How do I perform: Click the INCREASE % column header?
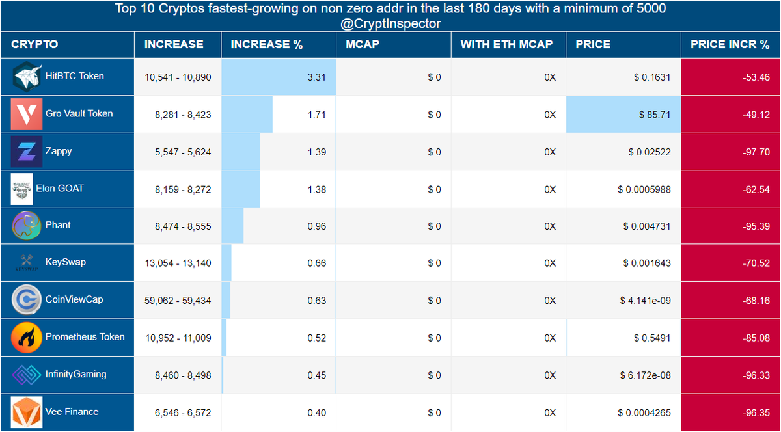coord(266,44)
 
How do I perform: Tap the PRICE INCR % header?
coord(730,44)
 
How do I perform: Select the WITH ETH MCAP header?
coord(506,44)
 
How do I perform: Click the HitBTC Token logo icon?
coord(27,77)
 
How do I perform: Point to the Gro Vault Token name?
coord(79,114)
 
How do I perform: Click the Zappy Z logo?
coord(27,152)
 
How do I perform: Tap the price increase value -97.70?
coord(756,152)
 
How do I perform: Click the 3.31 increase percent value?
coord(316,77)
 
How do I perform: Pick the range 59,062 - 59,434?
coord(178,301)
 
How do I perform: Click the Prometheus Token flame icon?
coord(27,338)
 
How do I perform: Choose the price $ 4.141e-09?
coord(645,301)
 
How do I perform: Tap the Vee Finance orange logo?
coord(27,412)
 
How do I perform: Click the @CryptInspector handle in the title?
coord(390,23)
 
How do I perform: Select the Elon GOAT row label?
coord(60,189)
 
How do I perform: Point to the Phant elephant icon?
coord(27,226)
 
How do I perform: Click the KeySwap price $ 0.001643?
coord(647,263)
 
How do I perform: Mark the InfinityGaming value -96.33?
coord(756,375)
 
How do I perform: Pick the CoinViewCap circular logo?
coord(27,299)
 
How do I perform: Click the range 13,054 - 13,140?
coord(178,263)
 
